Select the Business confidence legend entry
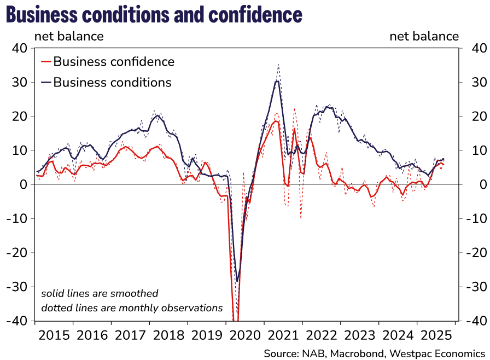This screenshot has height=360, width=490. click(x=113, y=62)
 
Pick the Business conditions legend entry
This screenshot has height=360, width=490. click(x=112, y=83)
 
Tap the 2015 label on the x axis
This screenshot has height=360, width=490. click(x=54, y=335)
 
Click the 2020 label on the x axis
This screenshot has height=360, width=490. click(x=245, y=335)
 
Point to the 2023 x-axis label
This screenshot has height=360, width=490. click(x=359, y=335)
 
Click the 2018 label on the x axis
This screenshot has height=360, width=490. click(x=168, y=335)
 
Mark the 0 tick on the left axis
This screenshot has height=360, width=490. click(x=23, y=185)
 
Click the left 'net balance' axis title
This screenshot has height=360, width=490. click(x=69, y=37)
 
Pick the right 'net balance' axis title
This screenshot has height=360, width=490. click(x=424, y=37)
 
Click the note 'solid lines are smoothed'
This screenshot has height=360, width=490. click(x=100, y=294)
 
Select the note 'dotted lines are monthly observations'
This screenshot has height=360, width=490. click(x=132, y=308)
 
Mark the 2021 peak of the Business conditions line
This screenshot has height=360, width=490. click(x=278, y=81)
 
